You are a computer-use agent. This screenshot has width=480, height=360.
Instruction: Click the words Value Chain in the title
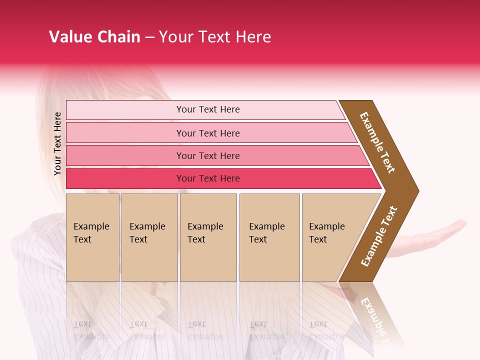point(94,37)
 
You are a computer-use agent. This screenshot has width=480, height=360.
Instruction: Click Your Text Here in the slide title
point(215,37)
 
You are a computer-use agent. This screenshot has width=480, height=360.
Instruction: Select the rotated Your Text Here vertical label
point(57,143)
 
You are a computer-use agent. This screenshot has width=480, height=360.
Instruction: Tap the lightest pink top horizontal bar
point(207,109)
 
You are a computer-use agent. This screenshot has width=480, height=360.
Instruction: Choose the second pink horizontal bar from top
point(207,133)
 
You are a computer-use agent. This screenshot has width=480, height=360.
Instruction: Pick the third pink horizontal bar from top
point(207,155)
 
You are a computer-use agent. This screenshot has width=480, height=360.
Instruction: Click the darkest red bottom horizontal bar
point(207,178)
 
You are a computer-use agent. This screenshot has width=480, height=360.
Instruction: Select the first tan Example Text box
point(92,237)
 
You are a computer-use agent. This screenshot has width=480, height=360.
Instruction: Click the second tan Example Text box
point(149,237)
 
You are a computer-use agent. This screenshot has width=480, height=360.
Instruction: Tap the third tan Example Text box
point(208,237)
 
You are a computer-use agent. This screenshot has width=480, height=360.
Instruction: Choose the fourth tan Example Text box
point(269,237)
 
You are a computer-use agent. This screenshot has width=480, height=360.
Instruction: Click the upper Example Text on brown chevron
point(377,142)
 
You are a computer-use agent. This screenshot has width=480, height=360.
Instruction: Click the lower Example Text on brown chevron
point(379,236)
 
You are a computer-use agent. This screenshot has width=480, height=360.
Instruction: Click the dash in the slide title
point(149,37)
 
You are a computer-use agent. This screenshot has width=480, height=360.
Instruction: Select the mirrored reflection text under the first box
point(91,330)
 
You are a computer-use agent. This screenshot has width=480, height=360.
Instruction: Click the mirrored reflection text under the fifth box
point(326,330)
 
